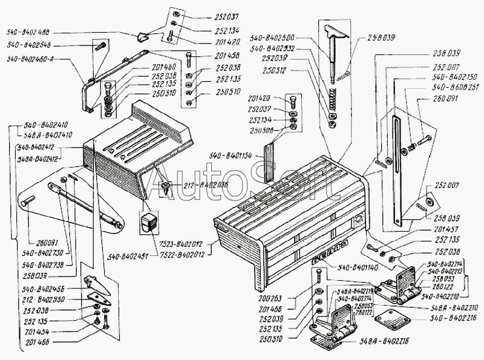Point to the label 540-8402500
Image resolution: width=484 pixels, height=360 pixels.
click(278, 39)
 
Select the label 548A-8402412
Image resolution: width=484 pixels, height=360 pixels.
click(38, 160)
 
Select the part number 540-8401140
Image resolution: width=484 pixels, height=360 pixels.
click(361, 267)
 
